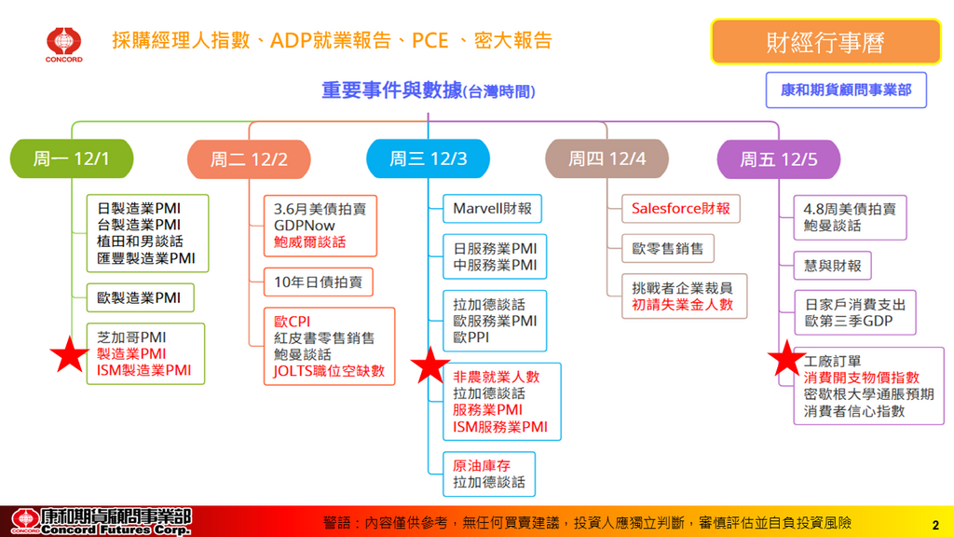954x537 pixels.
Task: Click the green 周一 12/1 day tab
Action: [72, 158]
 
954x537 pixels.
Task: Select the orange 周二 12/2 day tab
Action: [249, 158]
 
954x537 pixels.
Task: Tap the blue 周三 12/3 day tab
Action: [429, 158]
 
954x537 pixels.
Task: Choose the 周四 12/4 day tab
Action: [606, 158]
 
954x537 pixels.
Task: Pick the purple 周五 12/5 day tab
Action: [778, 158]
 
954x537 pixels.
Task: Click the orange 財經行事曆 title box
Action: [825, 42]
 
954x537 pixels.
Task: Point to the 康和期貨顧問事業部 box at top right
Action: [846, 90]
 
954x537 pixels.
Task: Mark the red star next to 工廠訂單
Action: [786, 358]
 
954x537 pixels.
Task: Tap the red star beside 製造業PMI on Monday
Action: [70, 354]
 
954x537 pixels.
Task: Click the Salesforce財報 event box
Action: [680, 209]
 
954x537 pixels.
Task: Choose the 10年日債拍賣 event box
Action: [318, 281]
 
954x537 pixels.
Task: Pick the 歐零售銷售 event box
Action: [668, 249]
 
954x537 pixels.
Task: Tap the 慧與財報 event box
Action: [833, 266]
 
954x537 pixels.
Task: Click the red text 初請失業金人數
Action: [682, 304]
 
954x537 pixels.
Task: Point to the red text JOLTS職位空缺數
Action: [329, 371]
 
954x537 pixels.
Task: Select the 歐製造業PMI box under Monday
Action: [139, 298]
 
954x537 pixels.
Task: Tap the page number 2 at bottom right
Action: [934, 524]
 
